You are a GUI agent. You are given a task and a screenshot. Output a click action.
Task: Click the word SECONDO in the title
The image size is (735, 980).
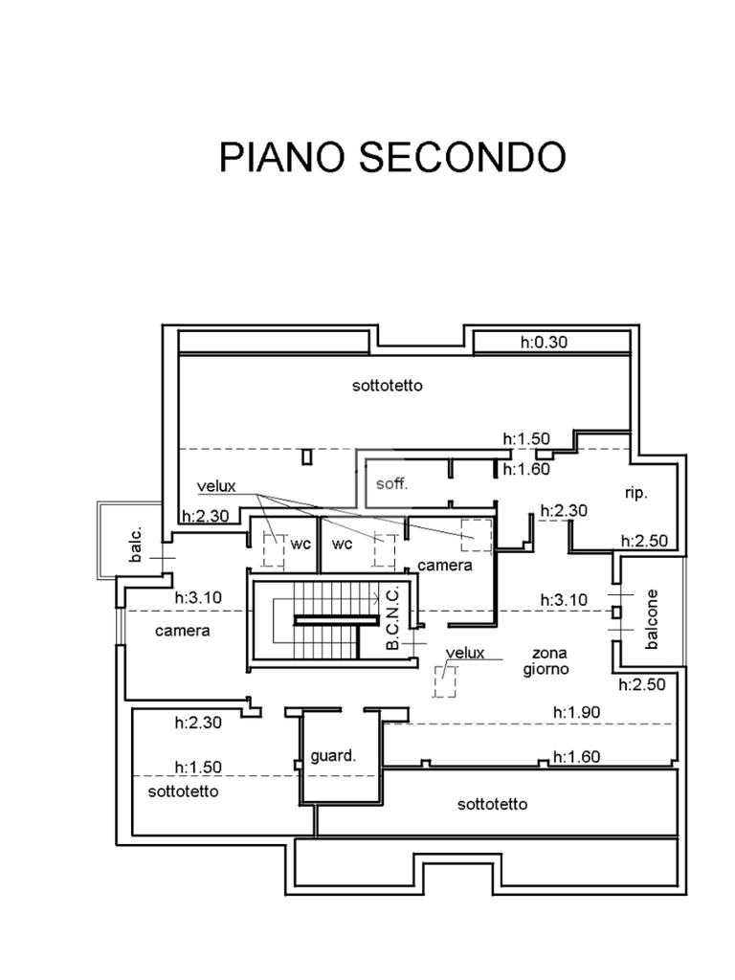click(x=463, y=158)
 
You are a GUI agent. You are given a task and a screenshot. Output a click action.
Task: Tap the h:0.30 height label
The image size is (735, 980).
click(x=544, y=342)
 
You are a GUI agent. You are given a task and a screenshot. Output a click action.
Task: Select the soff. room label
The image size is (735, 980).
click(x=391, y=483)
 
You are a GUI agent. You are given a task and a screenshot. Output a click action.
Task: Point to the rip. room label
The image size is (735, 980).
click(x=635, y=493)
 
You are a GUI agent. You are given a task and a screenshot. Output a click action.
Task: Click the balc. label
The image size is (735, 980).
click(x=136, y=546)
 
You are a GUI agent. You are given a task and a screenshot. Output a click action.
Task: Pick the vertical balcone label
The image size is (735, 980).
click(x=653, y=619)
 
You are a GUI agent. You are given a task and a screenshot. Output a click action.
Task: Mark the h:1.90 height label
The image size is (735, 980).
click(x=577, y=712)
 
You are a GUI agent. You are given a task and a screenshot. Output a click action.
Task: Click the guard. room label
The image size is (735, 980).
click(x=332, y=755)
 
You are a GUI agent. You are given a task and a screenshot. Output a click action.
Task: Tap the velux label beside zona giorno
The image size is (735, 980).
click(x=465, y=653)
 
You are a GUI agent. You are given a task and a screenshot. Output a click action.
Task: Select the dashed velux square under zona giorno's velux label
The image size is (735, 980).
click(x=445, y=680)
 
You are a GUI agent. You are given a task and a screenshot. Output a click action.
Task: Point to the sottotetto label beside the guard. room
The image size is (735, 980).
click(x=492, y=804)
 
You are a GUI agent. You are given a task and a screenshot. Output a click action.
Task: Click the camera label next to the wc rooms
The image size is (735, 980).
click(x=444, y=565)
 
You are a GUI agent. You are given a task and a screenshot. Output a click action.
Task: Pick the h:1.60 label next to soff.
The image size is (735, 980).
click(x=526, y=469)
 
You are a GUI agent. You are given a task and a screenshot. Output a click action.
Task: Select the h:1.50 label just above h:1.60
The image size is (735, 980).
click(x=526, y=438)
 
